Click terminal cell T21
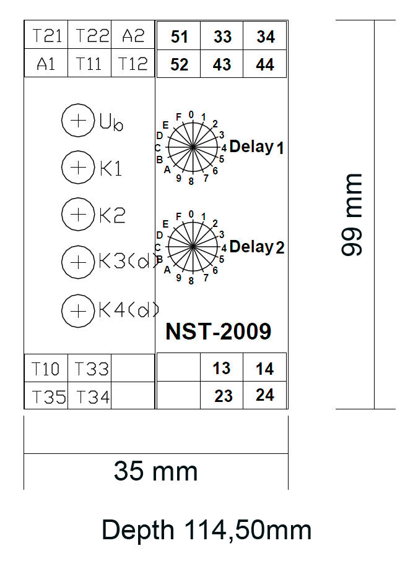[x=46, y=35]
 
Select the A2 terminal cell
[x=133, y=35]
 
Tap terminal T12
[x=133, y=63]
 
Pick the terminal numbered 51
[x=178, y=36]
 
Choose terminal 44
[x=264, y=64]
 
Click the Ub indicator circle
[x=78, y=121]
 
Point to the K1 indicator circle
[x=78, y=168]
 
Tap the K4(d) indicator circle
[x=78, y=311]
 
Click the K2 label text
[x=112, y=215]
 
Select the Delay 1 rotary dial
[x=193, y=147]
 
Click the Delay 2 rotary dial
[x=193, y=247]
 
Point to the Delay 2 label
[x=257, y=247]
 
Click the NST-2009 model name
[x=218, y=331]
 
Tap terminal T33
[x=90, y=369]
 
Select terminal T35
[x=46, y=395]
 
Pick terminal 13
[x=222, y=367]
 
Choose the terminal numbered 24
[x=264, y=395]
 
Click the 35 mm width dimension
[x=156, y=471]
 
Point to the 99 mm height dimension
[x=351, y=215]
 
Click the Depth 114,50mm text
[x=207, y=530]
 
